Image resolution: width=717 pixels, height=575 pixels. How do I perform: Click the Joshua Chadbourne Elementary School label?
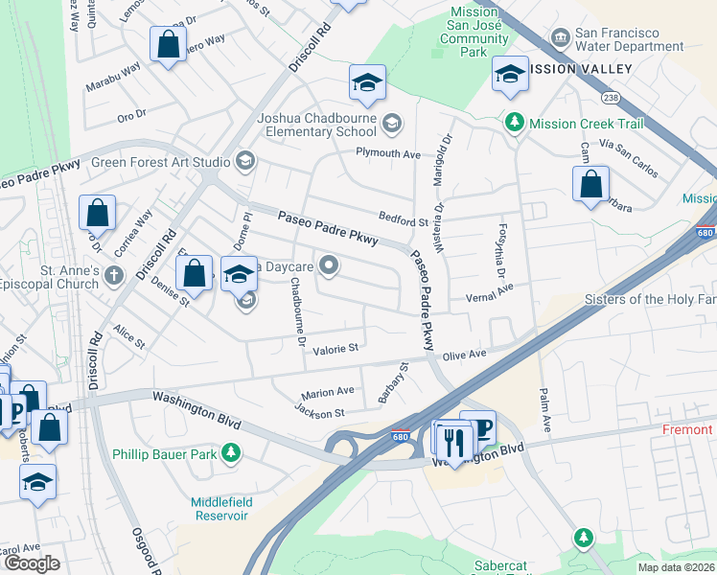tap(316, 125)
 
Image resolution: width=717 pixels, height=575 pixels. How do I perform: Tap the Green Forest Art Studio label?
tap(160, 162)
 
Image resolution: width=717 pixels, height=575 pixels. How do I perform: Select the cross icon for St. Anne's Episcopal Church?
tap(114, 277)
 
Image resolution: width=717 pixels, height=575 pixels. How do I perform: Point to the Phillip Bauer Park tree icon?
tap(230, 452)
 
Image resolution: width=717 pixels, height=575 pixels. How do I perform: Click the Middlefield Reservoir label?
tap(205, 509)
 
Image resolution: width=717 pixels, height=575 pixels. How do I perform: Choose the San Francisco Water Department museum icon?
tap(559, 38)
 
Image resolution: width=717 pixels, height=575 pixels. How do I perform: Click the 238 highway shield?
tap(609, 98)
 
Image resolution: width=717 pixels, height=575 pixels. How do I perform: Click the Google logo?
tap(33, 563)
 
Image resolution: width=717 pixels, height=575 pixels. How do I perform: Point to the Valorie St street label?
tap(335, 348)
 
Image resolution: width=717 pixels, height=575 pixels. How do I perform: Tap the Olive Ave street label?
tap(467, 354)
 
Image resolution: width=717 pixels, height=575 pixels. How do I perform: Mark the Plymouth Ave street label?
tap(388, 154)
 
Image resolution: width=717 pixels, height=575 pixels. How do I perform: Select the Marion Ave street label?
tap(328, 391)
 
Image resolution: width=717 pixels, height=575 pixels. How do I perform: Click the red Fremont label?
tap(688, 430)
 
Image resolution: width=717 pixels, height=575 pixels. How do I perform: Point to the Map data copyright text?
tap(676, 567)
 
